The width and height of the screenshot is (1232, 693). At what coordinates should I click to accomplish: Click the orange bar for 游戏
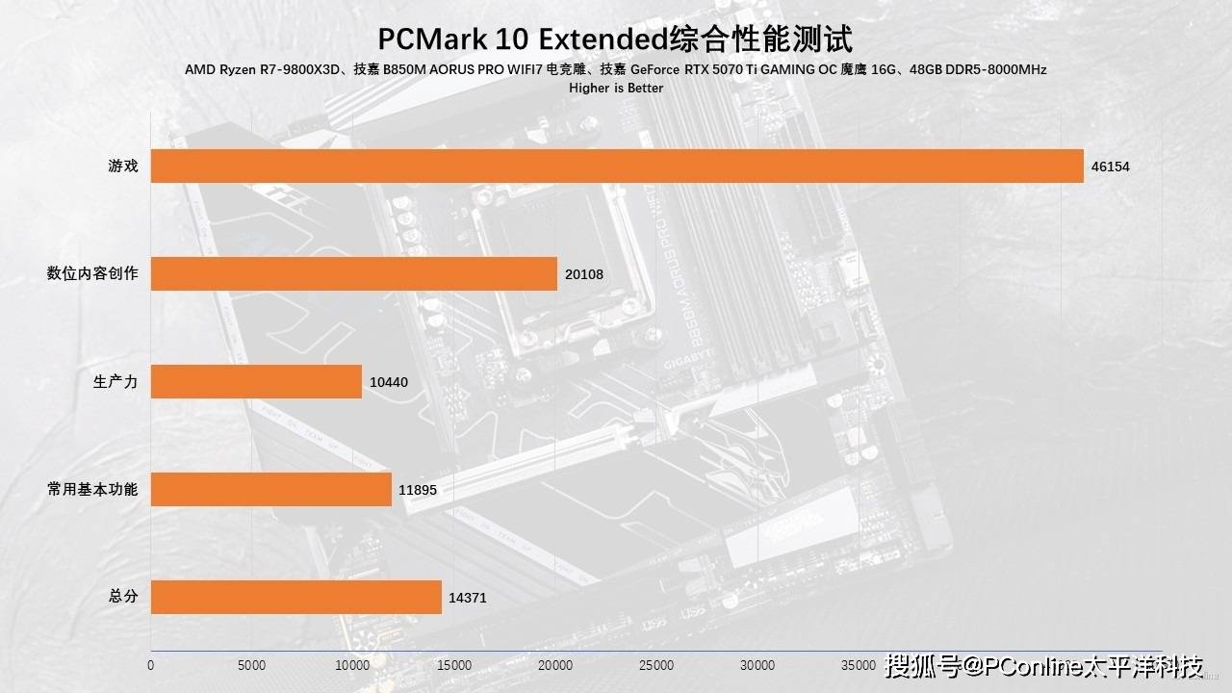click(x=617, y=166)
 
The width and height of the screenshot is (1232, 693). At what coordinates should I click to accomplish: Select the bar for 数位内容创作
click(x=354, y=273)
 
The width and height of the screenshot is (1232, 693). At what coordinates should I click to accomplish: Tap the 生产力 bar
click(x=256, y=381)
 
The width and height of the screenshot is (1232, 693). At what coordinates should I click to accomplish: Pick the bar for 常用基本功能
click(x=271, y=489)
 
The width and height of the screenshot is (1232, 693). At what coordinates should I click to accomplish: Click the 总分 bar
click(x=296, y=597)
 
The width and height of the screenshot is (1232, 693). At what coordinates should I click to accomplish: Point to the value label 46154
click(x=1110, y=167)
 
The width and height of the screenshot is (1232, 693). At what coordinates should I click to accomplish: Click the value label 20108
click(x=584, y=274)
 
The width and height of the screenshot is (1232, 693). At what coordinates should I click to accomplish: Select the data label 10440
click(x=389, y=382)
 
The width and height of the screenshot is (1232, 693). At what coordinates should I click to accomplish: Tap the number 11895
click(x=418, y=490)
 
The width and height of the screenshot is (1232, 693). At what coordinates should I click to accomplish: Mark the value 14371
click(x=468, y=598)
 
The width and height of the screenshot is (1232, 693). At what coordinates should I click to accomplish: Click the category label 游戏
click(x=123, y=166)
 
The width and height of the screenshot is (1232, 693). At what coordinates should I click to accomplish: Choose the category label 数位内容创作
click(x=92, y=273)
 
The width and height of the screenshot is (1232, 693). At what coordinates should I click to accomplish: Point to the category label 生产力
click(x=115, y=381)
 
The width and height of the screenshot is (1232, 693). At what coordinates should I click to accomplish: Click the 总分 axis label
click(x=123, y=597)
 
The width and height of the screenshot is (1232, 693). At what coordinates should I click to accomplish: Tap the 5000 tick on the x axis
click(x=251, y=665)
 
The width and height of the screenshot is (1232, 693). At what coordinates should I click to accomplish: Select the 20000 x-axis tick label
click(x=555, y=665)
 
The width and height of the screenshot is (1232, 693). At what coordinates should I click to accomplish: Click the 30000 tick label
click(x=757, y=665)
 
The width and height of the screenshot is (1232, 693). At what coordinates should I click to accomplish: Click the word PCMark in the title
click(x=430, y=39)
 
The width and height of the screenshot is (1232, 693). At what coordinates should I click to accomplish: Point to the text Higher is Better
click(x=616, y=88)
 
